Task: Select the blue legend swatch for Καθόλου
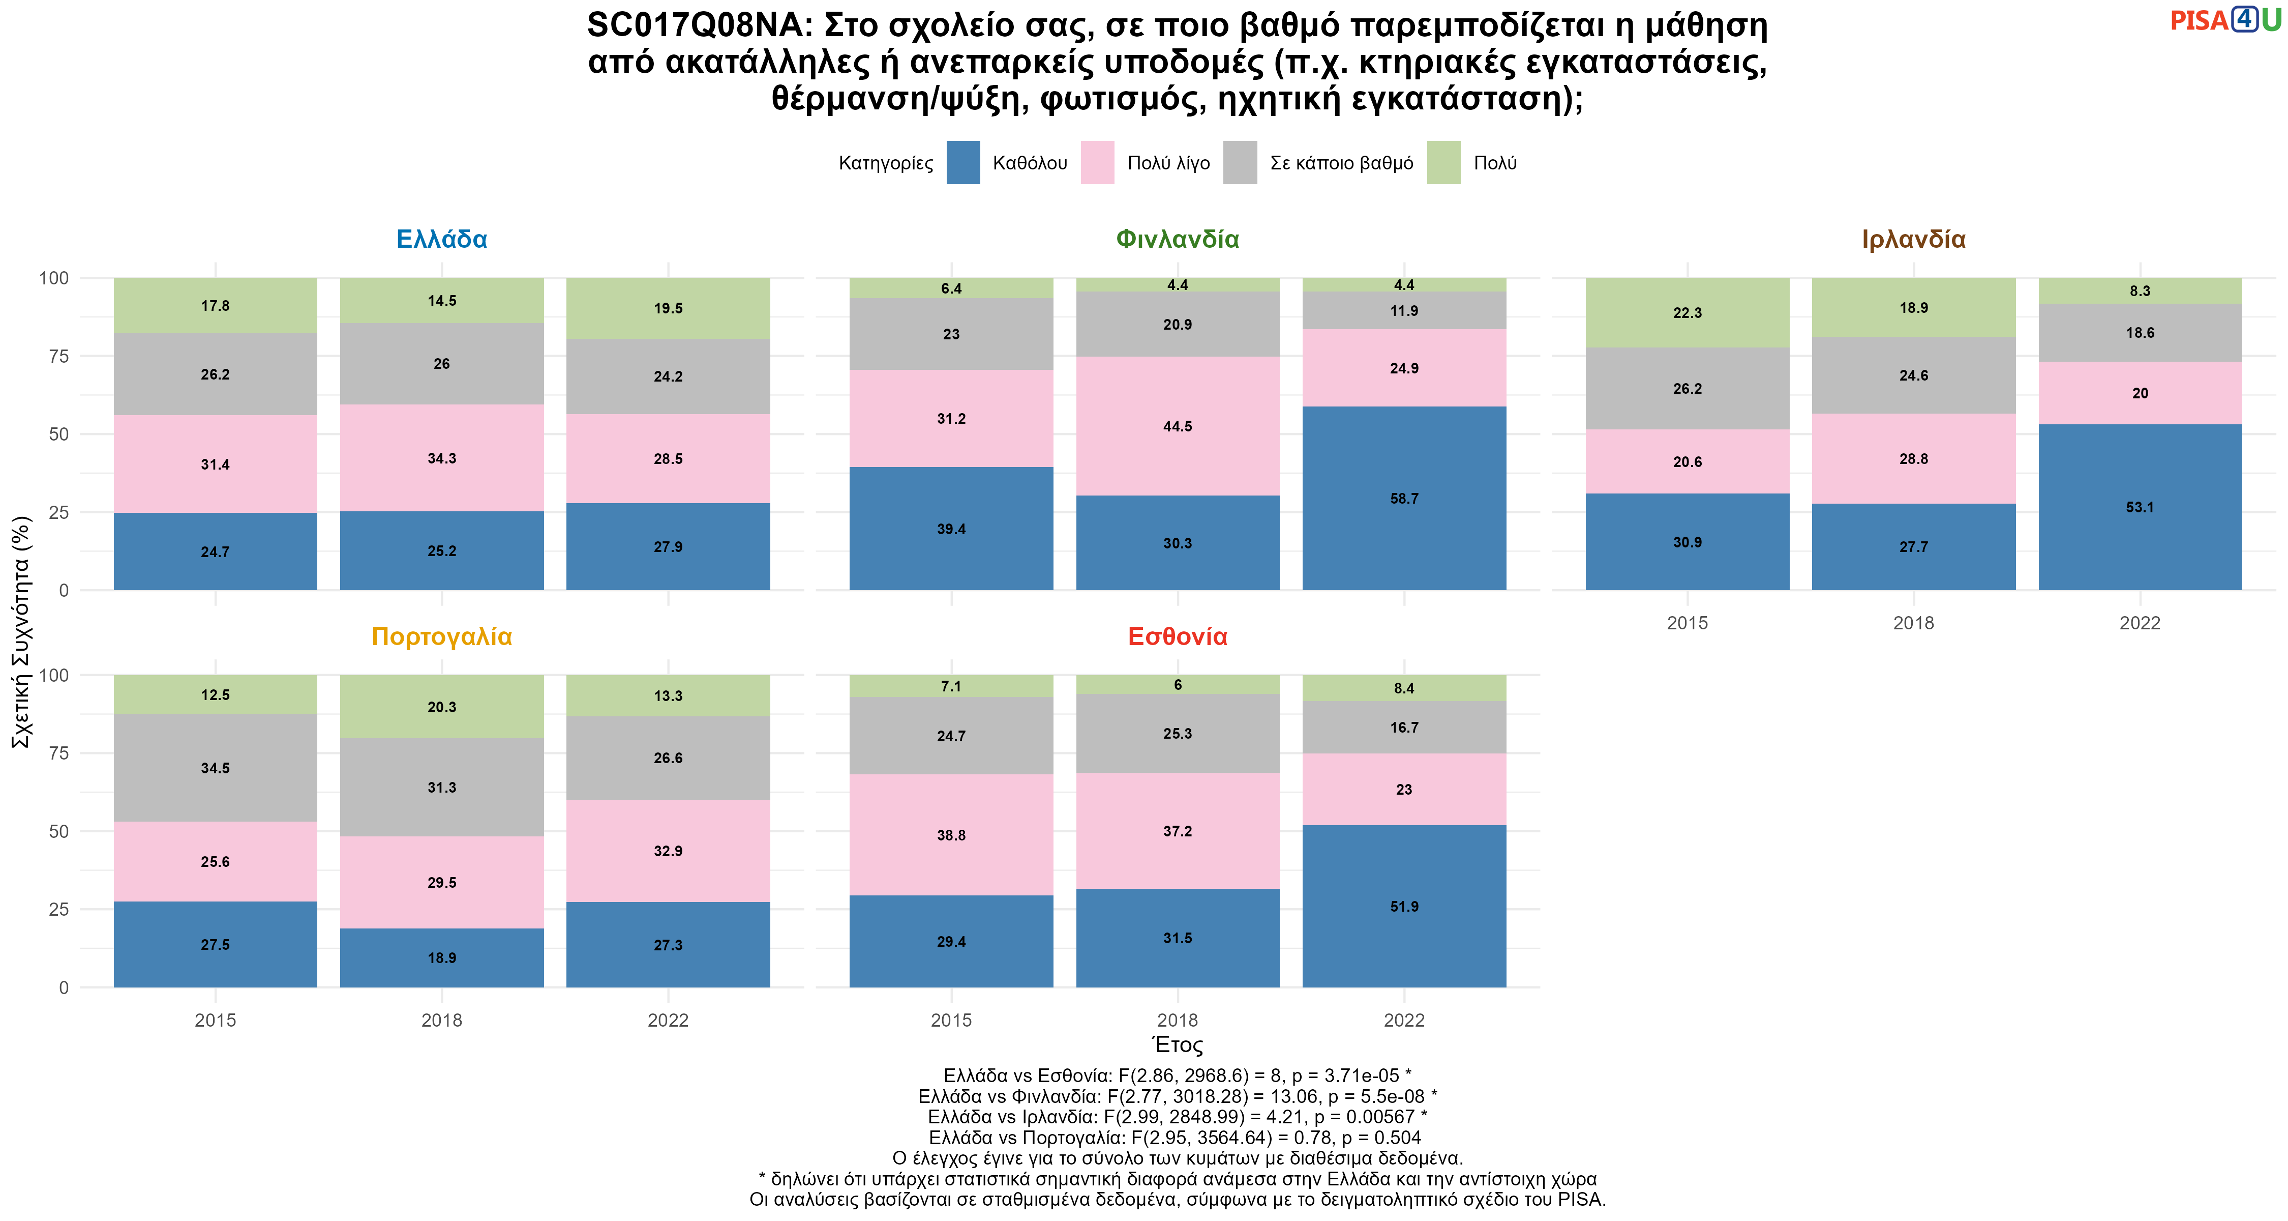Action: tap(963, 163)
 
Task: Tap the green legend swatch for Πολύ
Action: tap(1443, 163)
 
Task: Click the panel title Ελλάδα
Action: tap(441, 239)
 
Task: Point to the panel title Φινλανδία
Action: tap(1177, 239)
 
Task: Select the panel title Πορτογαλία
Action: tap(441, 636)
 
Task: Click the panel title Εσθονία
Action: tap(1177, 636)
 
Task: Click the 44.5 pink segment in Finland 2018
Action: tap(1178, 426)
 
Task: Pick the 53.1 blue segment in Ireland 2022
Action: tap(2140, 507)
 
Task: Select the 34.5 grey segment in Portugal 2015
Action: tap(215, 768)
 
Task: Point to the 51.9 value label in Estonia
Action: tap(1404, 907)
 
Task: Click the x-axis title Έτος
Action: tap(1177, 1045)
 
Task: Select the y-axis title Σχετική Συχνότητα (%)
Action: tap(21, 632)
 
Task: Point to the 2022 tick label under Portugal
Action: tap(668, 1020)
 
